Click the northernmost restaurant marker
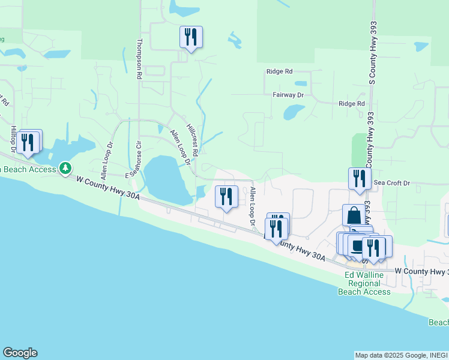coord(191,37)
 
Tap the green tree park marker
coord(65,169)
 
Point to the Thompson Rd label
coord(139,59)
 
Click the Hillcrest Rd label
coord(192,137)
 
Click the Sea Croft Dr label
coord(391,182)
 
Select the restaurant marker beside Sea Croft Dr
coord(360,179)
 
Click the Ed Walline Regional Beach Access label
coord(364,283)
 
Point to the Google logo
coord(20,353)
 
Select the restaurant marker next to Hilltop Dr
coord(28,142)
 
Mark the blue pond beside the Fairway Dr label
coord(294,112)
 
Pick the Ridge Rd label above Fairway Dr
coord(279,71)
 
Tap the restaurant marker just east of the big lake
coord(226,197)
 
